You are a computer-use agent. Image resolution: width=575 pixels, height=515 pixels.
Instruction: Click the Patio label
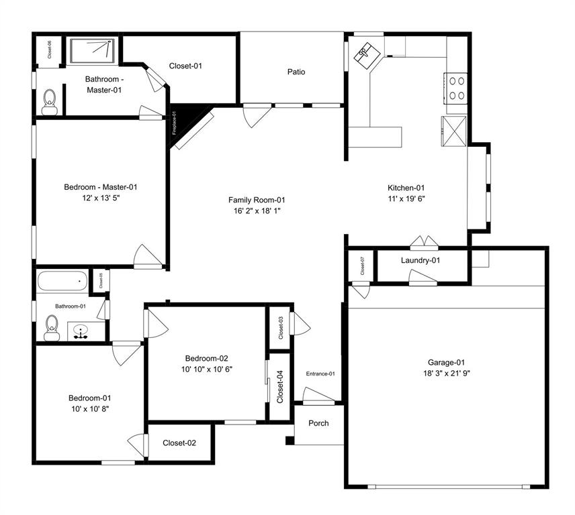(296, 72)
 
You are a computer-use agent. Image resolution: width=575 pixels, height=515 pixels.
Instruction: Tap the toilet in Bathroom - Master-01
(48, 102)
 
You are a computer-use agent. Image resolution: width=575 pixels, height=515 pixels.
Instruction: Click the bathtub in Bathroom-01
(62, 280)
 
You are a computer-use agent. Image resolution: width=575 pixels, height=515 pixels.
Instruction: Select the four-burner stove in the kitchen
(457, 87)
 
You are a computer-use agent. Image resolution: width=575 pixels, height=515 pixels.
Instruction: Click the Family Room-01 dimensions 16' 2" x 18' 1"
(257, 211)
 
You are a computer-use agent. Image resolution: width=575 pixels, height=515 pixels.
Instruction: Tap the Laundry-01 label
(420, 260)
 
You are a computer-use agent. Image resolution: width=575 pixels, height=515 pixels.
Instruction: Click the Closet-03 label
(280, 327)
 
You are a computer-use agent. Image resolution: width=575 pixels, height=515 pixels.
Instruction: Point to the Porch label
(318, 423)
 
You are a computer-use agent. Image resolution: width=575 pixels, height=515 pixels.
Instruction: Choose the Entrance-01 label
(320, 374)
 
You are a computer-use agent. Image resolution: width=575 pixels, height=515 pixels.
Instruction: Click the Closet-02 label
(179, 443)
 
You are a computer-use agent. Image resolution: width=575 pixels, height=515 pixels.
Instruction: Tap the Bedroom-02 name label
(207, 357)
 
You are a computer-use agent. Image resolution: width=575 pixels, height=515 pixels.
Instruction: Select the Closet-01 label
(185, 66)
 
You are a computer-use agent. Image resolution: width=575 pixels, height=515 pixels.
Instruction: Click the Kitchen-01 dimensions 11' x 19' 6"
(406, 198)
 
